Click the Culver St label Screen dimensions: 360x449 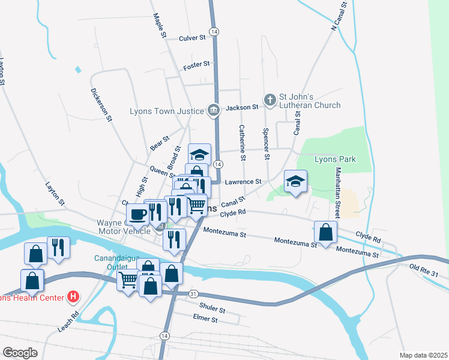[x=192, y=38]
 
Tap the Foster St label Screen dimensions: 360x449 [x=196, y=64]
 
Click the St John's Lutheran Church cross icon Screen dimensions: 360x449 [x=270, y=99]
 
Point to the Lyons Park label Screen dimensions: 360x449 [x=336, y=159]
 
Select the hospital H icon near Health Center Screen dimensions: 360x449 [x=73, y=296]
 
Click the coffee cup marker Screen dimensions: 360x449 [x=137, y=214]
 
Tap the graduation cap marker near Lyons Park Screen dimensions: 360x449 [x=295, y=181]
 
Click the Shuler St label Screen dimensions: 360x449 [x=211, y=310]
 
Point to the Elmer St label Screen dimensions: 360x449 [x=206, y=320]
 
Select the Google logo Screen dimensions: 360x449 [x=20, y=352]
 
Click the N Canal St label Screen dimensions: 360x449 [x=339, y=16]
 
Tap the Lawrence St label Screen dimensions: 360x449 [x=243, y=181]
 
